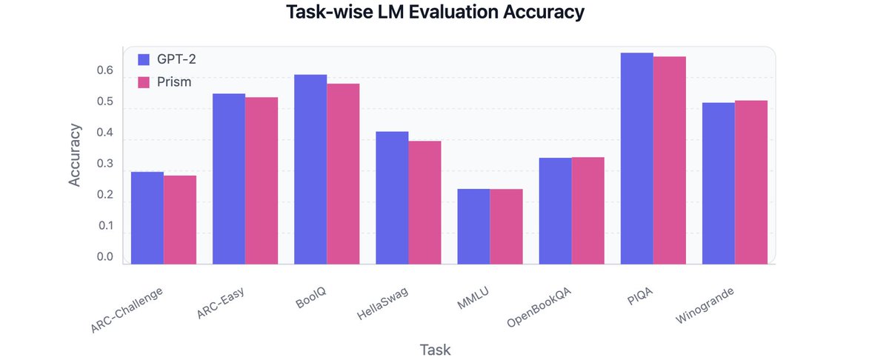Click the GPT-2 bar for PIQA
pos(636,159)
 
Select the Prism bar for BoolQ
pos(343,174)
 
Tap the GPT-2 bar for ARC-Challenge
pos(147,218)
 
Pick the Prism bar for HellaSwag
pos(424,203)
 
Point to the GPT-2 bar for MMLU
pos(473,227)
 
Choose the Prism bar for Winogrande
pos(751,182)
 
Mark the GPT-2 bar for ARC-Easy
pos(229,179)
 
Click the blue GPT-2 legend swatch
pos(144,59)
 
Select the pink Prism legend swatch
pos(144,81)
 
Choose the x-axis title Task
pos(436,349)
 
